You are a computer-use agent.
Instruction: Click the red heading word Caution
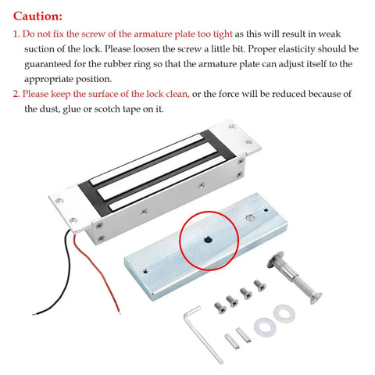37,16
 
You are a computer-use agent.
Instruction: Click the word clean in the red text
177,94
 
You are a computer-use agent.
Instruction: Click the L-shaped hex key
203,334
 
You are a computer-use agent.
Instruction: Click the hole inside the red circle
208,240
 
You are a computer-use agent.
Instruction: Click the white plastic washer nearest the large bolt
284,314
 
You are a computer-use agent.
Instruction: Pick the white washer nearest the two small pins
265,327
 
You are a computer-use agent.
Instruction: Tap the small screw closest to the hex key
220,308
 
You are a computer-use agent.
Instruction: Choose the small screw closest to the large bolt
259,285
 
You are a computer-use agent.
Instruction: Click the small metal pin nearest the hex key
232,341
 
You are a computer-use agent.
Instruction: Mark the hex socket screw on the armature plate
250,218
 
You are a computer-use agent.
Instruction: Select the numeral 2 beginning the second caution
16,94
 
